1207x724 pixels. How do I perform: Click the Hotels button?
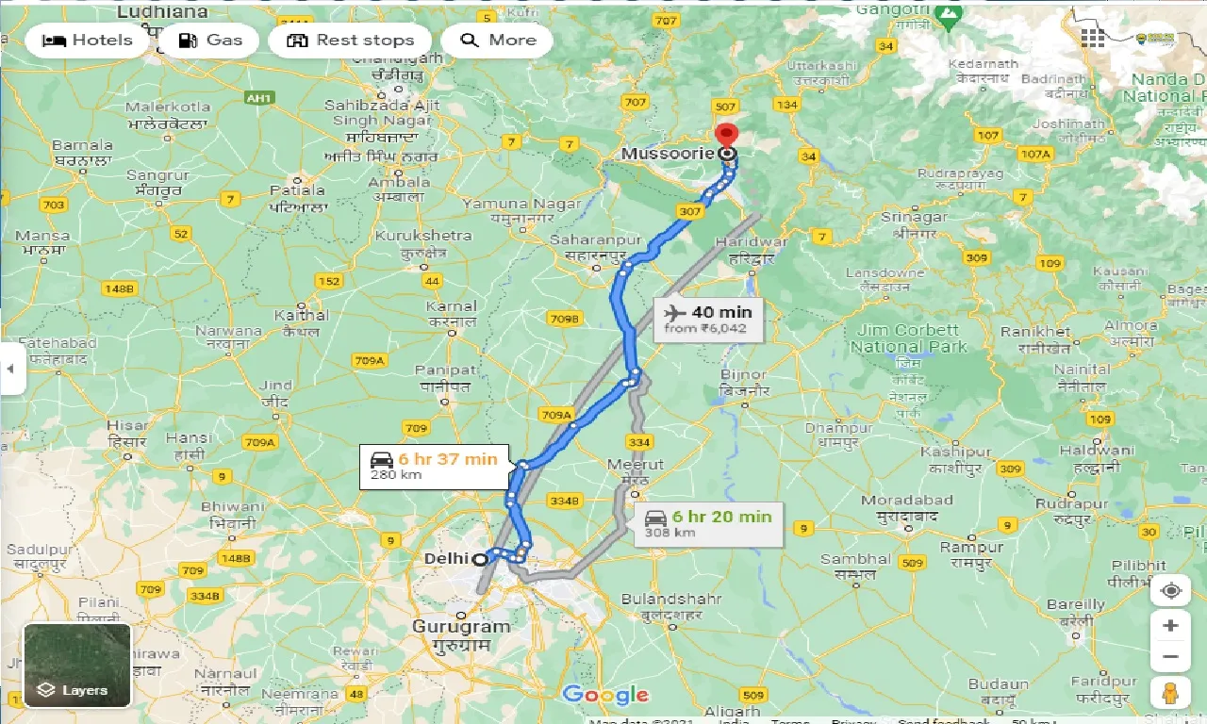click(x=87, y=41)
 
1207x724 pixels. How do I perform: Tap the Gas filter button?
click(x=210, y=41)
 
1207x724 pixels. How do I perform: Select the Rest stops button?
click(x=350, y=41)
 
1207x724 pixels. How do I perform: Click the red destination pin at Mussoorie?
click(x=726, y=135)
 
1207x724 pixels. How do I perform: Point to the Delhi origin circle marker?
click(x=480, y=559)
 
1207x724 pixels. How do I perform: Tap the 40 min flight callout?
click(x=706, y=319)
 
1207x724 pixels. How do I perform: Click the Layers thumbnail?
click(x=77, y=666)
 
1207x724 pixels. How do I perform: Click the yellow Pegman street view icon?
click(x=1170, y=692)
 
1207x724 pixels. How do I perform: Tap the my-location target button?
click(x=1170, y=591)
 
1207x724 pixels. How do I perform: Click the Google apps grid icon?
click(x=1092, y=38)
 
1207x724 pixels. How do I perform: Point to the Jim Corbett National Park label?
click(x=908, y=338)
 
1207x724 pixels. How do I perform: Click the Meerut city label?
click(x=636, y=465)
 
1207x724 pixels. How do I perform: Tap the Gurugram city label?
click(x=461, y=627)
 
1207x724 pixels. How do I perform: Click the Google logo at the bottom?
click(x=605, y=696)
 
